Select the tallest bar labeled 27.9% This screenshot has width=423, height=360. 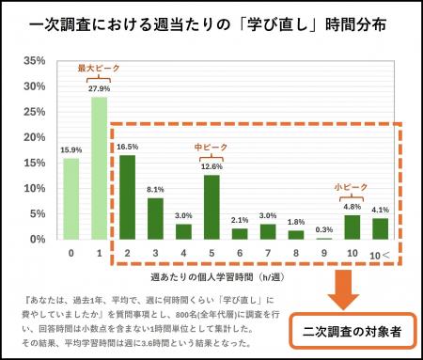pos(98,168)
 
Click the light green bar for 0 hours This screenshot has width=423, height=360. pos(71,198)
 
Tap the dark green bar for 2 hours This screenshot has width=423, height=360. pos(126,197)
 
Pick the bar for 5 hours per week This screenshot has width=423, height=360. pos(211,207)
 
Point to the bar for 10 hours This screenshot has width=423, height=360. pos(351,227)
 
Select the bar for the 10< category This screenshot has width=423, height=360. pos(380,228)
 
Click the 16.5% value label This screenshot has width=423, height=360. pos(126,147)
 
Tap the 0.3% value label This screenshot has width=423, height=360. pos(323,229)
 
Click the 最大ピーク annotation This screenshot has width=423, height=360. pos(97,68)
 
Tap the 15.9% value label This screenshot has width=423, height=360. pos(71,149)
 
